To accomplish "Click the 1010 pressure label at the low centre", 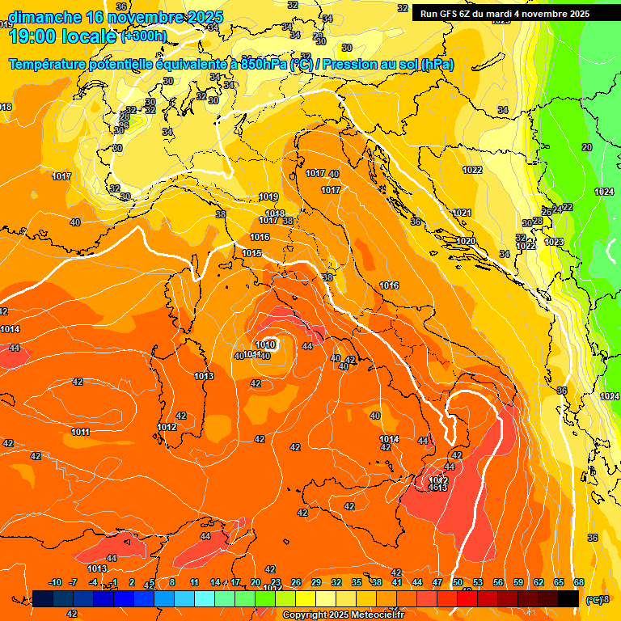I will click(266, 345).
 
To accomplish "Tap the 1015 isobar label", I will click(251, 253).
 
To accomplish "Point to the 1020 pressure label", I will click(465, 241).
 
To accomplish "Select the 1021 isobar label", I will click(462, 213).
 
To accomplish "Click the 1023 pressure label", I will click(554, 242).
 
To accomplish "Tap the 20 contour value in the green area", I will click(586, 147).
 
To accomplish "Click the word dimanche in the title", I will click(45, 17).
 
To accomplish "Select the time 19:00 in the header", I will click(34, 36).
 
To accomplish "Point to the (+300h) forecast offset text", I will click(144, 36).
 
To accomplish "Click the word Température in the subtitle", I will click(56, 64).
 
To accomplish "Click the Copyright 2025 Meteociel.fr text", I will click(343, 615).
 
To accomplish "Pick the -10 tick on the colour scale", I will click(55, 582).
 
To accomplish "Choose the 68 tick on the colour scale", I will click(579, 582).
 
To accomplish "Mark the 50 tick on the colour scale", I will click(458, 582).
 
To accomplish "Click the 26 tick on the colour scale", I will click(296, 582).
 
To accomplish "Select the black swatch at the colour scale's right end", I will click(568, 598).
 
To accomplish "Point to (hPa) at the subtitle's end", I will click(438, 64).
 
